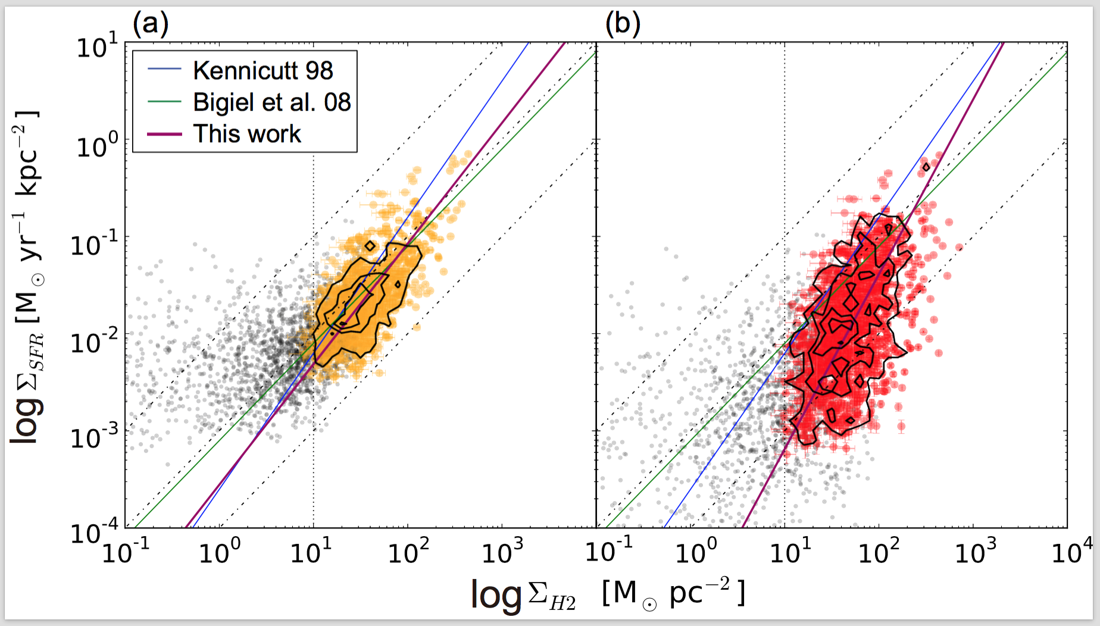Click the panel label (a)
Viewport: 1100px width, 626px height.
[150, 24]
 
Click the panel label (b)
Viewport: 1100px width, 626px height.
[623, 24]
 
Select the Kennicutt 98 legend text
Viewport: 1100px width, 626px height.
[262, 71]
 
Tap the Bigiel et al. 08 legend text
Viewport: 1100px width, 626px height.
[271, 102]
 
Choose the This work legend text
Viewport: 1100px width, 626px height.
[246, 134]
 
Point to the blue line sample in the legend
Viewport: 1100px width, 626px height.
[164, 70]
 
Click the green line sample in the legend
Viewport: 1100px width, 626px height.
[164, 102]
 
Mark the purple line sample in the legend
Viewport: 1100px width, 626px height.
[164, 134]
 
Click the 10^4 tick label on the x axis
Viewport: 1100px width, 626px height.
[1071, 552]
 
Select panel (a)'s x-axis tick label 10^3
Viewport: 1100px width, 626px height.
[502, 552]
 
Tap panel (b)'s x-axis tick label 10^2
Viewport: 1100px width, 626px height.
[877, 552]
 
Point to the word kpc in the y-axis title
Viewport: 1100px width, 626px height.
[27, 173]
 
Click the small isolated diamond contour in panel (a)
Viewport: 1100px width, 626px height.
[370, 246]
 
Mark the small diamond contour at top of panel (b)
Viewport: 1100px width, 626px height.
[926, 167]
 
